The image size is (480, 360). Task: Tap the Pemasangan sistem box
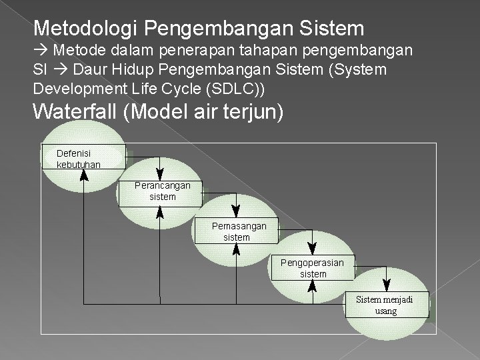pyautogui.click(x=239, y=231)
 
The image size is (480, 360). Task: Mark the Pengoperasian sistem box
pyautogui.click(x=313, y=268)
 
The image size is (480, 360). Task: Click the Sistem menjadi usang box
pyautogui.click(x=385, y=305)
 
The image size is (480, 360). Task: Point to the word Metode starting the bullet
pyautogui.click(x=78, y=50)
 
